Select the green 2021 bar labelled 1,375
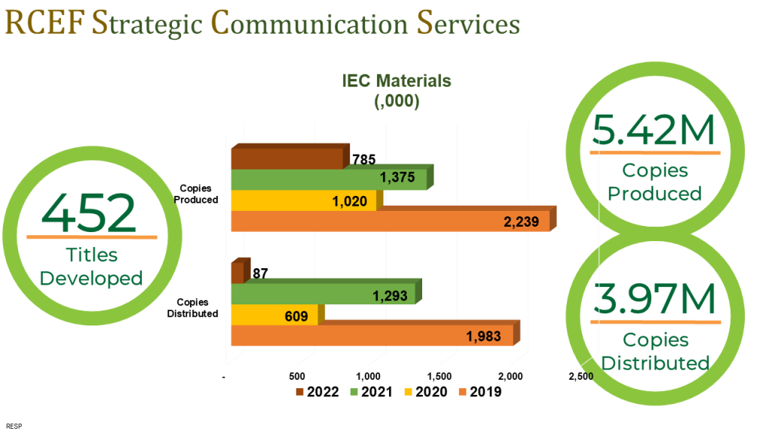pos(332,177)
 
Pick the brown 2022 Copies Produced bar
pos(290,157)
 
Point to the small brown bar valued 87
pos(240,270)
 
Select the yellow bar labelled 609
pos(277,313)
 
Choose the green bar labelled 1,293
pos(326,292)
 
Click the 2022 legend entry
pos(317,392)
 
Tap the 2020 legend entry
pos(426,392)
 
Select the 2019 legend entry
pos(480,392)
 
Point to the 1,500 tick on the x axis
pos(440,377)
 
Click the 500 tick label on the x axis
pos(297,377)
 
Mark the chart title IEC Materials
pos(397,81)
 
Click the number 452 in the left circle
pos(89,213)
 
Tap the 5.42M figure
pos(653,130)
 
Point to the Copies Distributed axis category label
pos(192,307)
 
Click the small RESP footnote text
pos(14,426)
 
